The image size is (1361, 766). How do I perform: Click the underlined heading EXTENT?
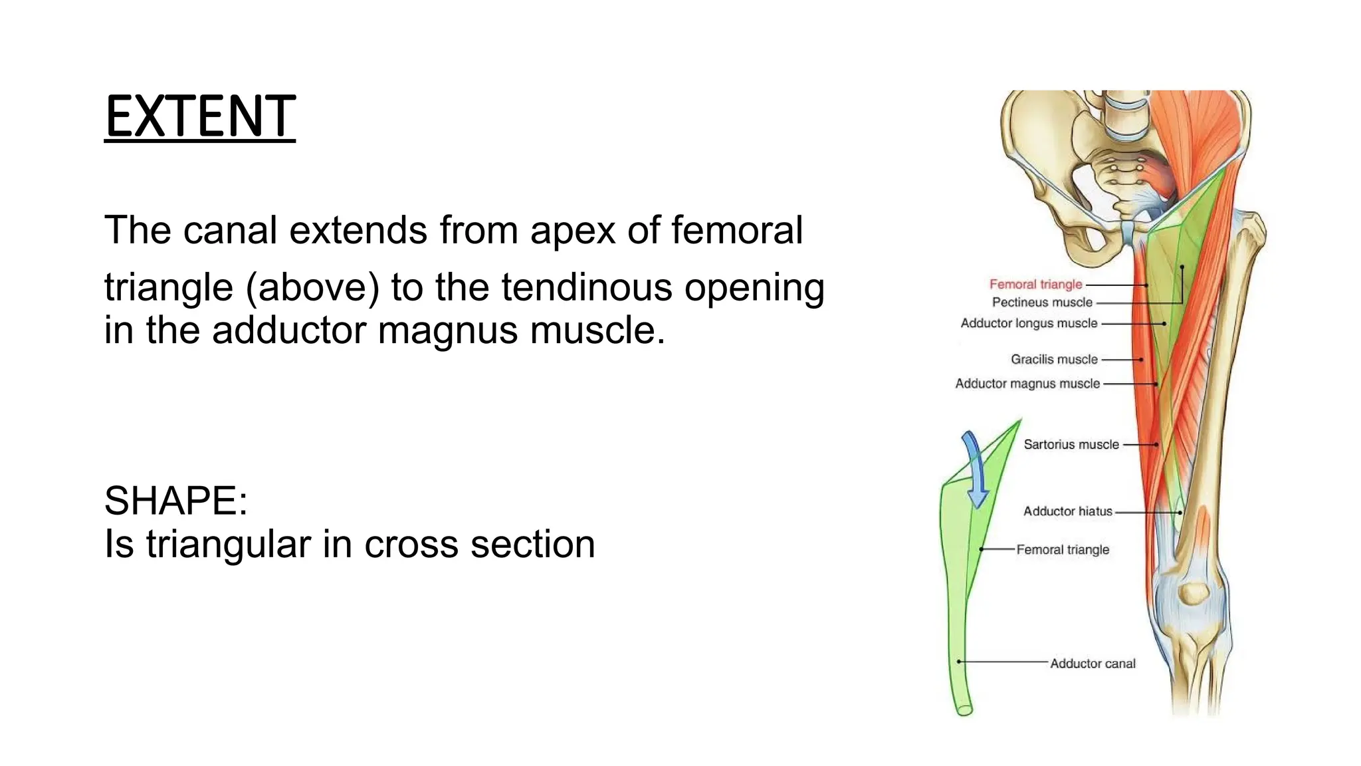(x=199, y=117)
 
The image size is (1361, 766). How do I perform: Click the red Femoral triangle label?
(x=1035, y=285)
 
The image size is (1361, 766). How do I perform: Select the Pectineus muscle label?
(x=1041, y=303)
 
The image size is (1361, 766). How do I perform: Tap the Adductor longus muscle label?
(x=1028, y=324)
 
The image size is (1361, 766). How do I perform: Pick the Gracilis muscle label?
(x=1054, y=360)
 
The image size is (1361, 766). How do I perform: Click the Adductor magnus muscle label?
(x=1027, y=384)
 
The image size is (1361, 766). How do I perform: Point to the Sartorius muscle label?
(x=1071, y=445)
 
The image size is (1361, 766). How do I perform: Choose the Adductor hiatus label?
(x=1067, y=511)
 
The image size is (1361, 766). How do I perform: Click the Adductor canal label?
(x=1093, y=664)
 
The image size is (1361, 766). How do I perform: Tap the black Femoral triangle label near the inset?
(x=1062, y=550)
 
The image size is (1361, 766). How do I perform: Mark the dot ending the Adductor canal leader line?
(x=959, y=662)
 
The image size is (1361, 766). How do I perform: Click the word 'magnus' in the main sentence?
(x=447, y=330)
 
